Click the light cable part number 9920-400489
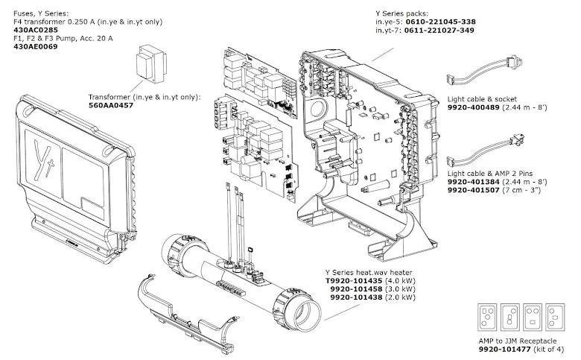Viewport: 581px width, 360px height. (477, 107)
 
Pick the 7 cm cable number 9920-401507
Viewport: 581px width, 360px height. (477, 191)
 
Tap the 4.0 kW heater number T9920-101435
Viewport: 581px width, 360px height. (355, 281)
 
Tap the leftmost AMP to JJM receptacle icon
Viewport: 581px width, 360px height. (486, 317)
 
